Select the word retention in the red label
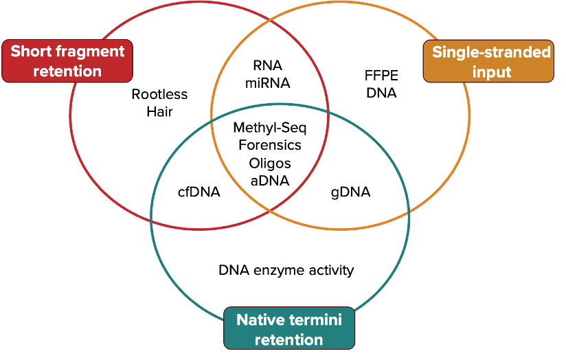point(67,71)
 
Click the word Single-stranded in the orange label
point(491,52)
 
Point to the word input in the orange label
point(492,71)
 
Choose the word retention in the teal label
point(289,339)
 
